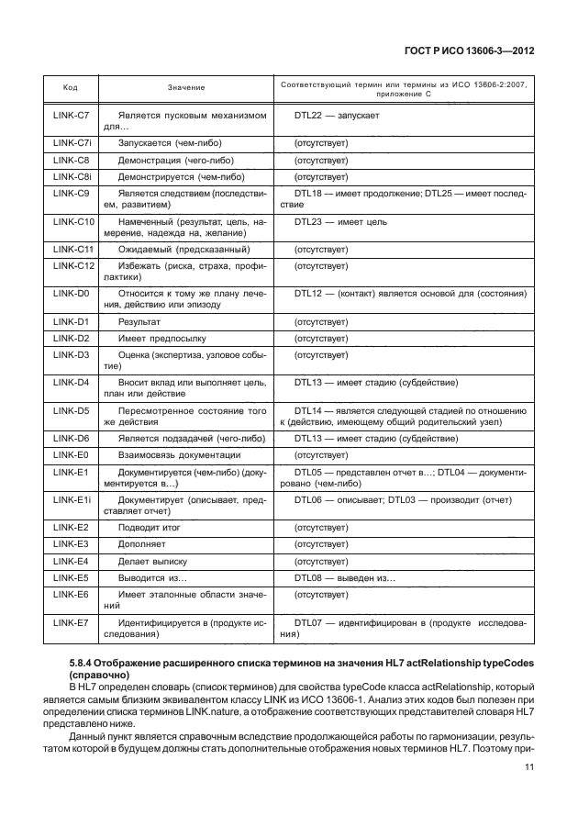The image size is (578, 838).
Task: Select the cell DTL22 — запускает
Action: [x=337, y=116]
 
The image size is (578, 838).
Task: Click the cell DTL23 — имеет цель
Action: [x=340, y=222]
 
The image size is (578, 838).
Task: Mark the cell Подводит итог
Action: [x=150, y=528]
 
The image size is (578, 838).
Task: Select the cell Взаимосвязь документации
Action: [x=180, y=454]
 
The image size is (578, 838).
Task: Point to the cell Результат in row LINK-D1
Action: [x=139, y=322]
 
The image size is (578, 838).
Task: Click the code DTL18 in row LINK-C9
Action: [x=307, y=193]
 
